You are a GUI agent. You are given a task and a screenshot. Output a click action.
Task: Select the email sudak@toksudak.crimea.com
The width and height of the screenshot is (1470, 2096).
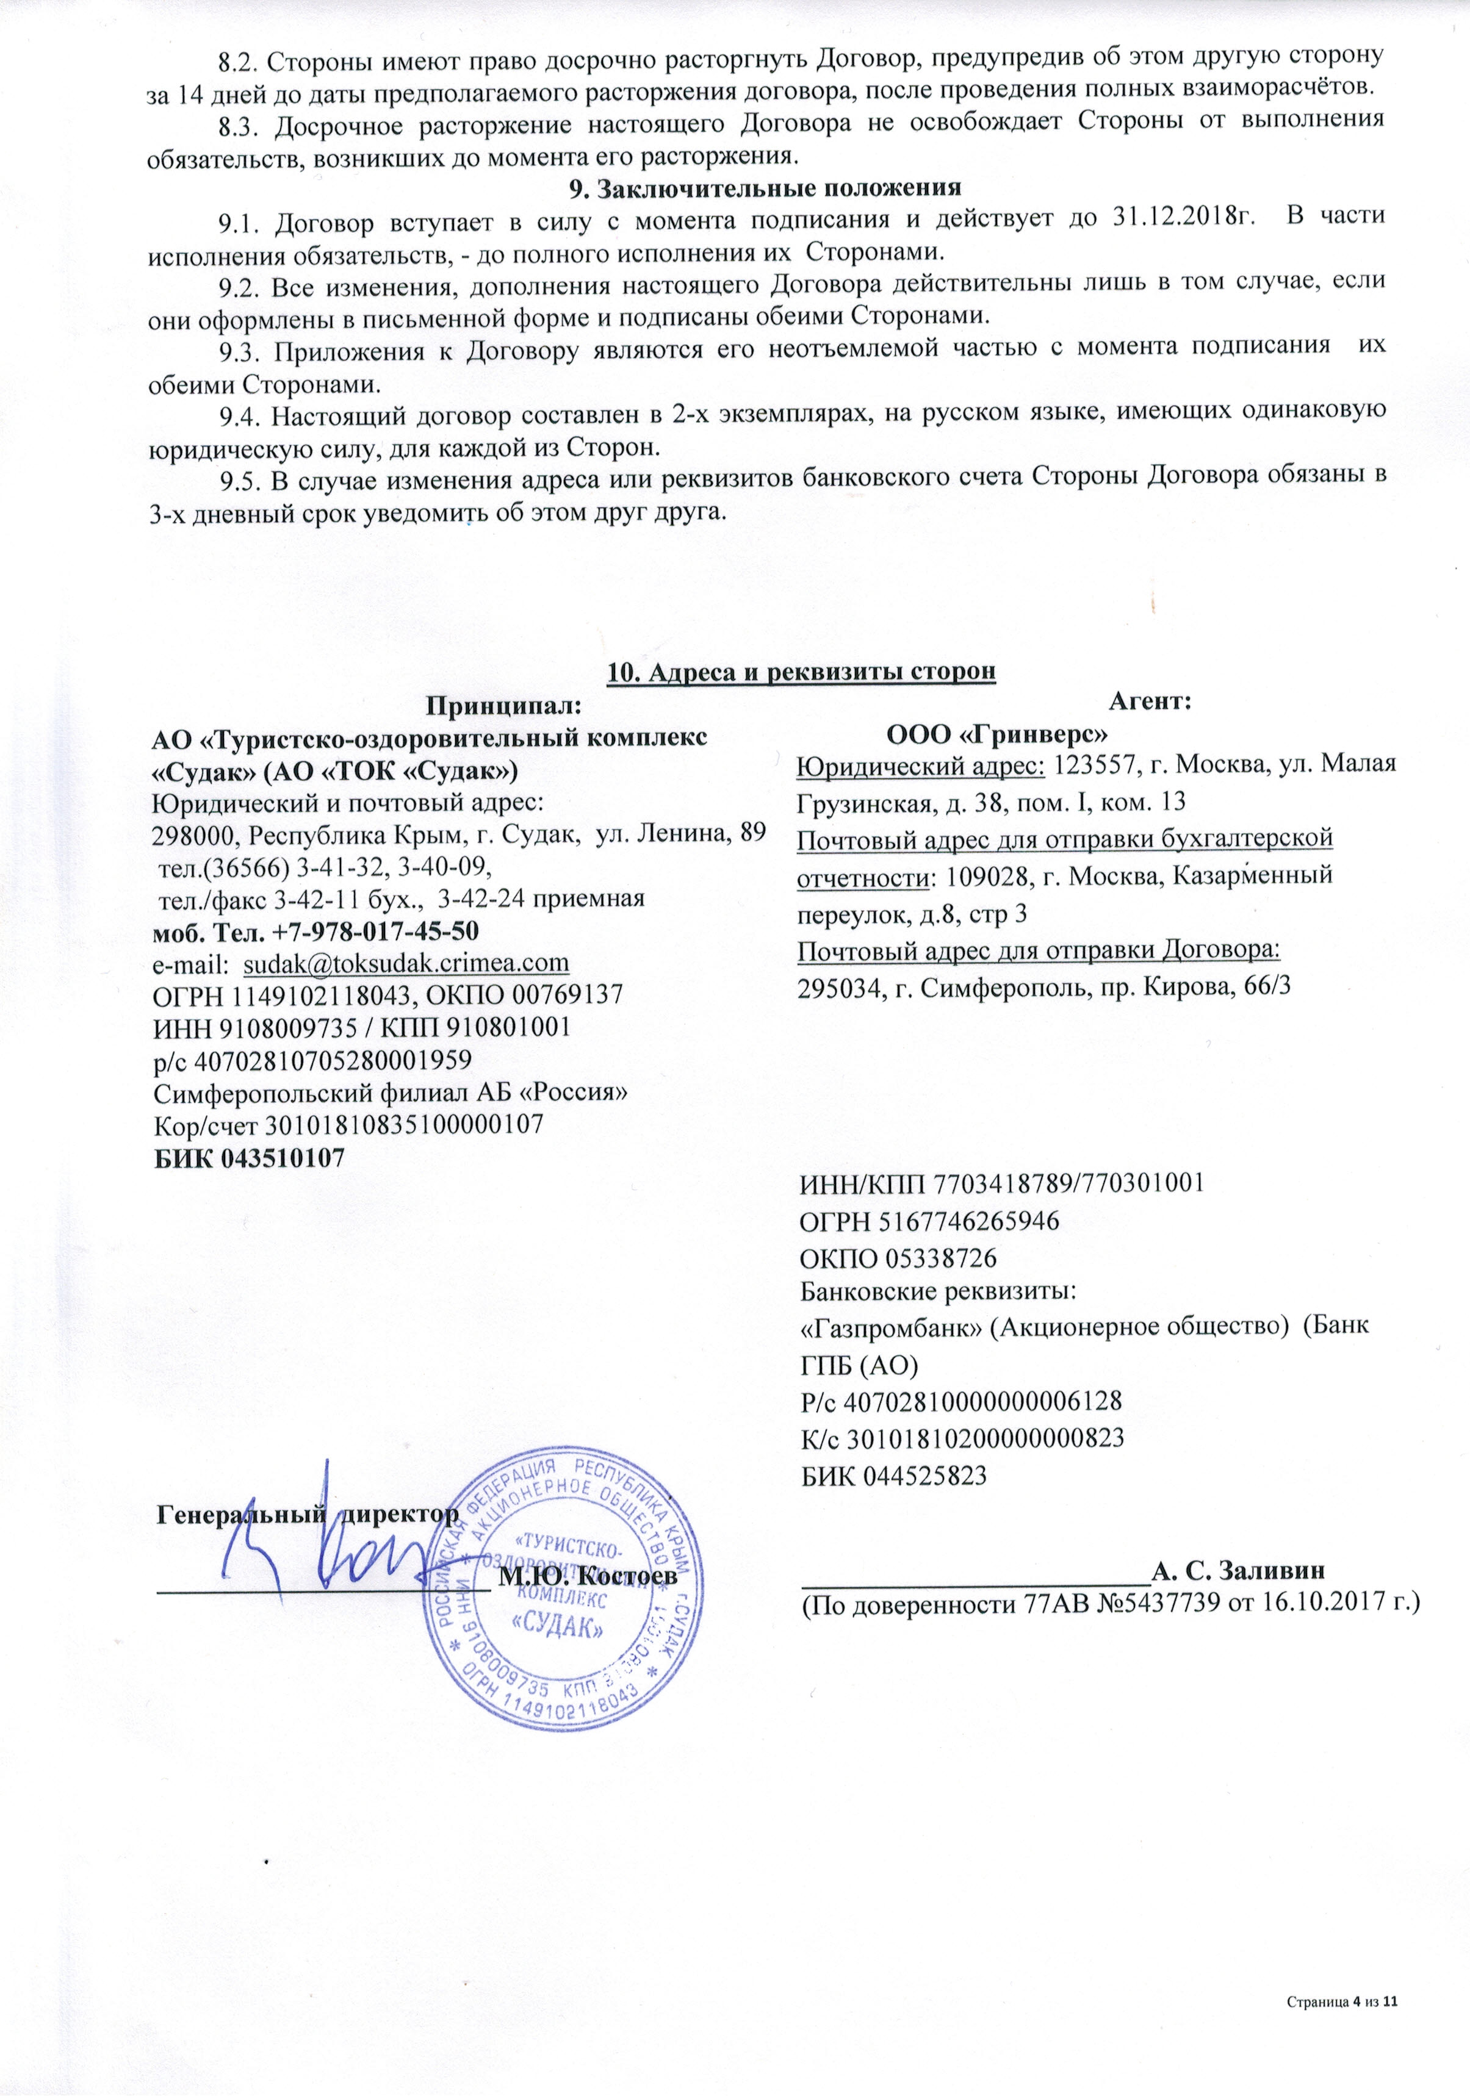click(x=406, y=962)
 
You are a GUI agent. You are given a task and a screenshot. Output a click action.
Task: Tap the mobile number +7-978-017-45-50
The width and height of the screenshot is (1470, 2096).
click(x=375, y=930)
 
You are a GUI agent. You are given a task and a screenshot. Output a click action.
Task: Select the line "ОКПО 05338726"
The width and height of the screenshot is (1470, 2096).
click(x=898, y=1259)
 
